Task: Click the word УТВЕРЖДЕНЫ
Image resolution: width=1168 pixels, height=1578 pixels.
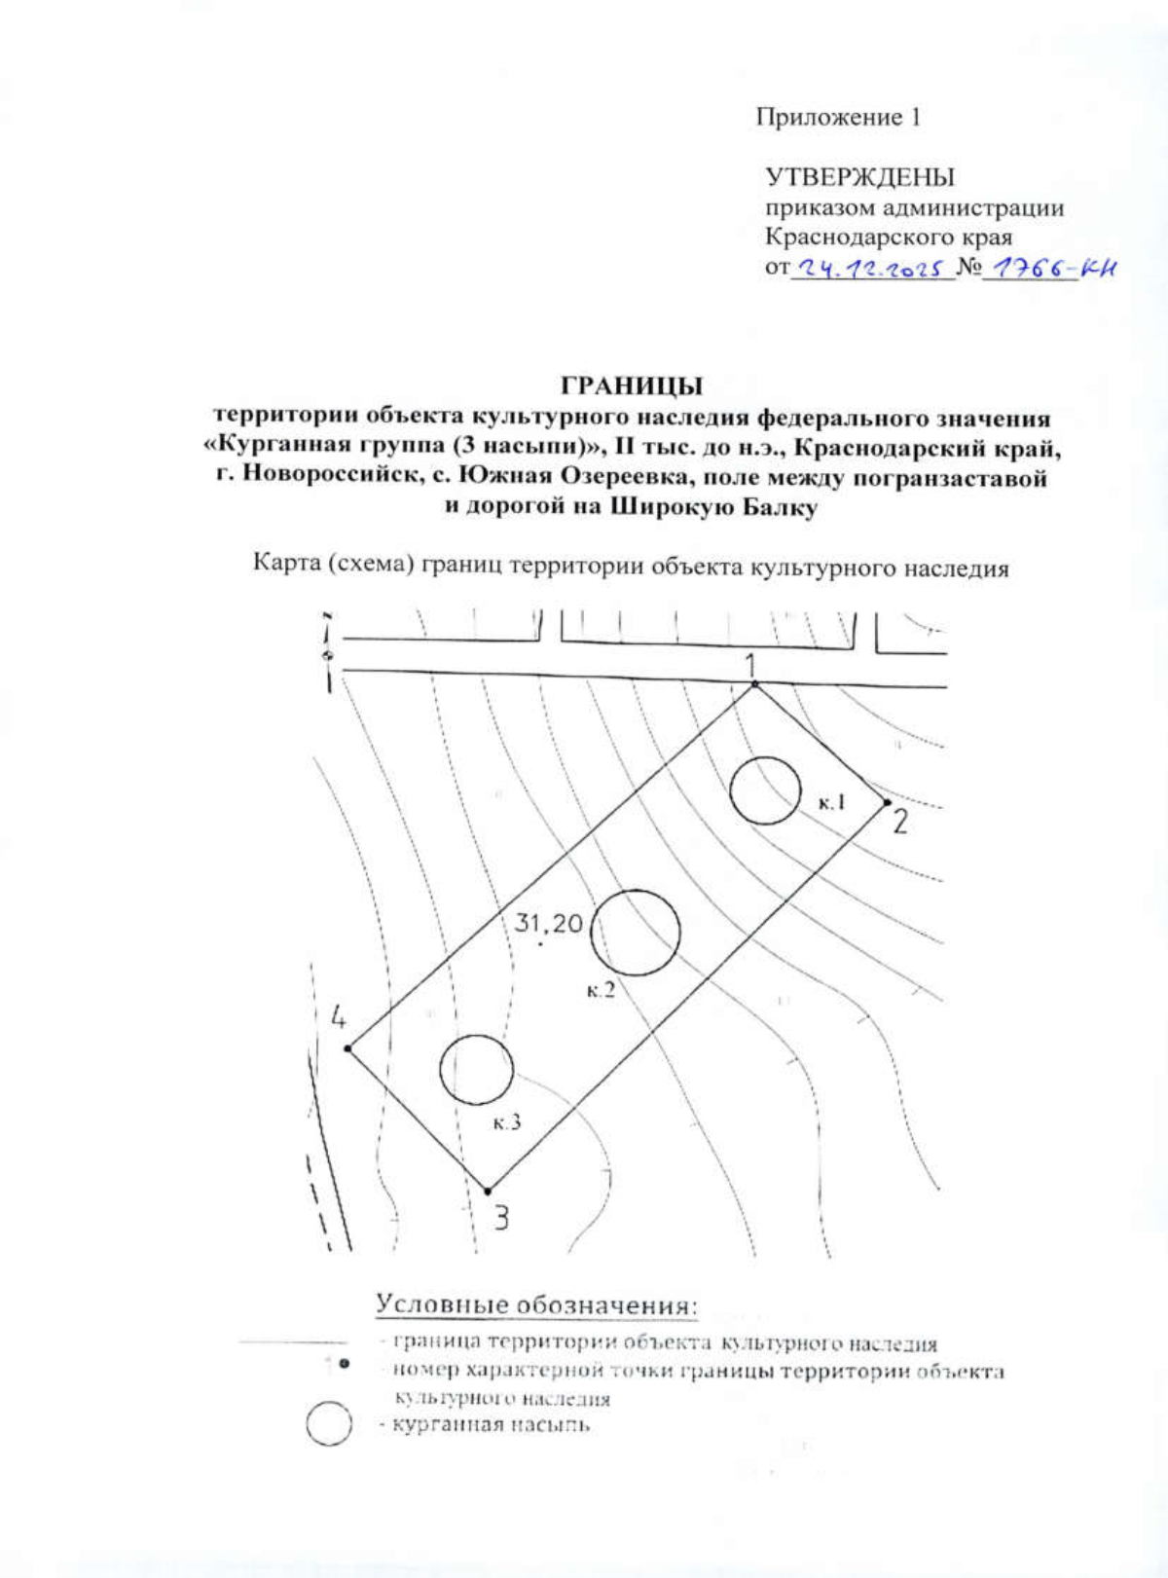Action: (859, 177)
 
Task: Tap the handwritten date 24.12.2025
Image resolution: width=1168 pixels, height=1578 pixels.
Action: (871, 268)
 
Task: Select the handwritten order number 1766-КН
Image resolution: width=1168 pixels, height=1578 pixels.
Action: (1049, 267)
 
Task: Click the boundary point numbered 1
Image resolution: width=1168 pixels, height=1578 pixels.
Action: (754, 686)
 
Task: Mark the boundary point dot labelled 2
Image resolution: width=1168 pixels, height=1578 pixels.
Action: (887, 803)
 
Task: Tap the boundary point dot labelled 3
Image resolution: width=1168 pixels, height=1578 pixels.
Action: (488, 1190)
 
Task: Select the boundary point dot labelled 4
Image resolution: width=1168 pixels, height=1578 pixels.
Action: (347, 1048)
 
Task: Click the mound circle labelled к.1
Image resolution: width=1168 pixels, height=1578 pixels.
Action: (765, 790)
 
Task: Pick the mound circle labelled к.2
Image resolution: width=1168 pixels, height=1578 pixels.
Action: (636, 933)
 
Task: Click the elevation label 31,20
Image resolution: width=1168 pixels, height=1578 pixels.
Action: (547, 922)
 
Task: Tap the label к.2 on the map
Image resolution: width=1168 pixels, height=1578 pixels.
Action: (601, 991)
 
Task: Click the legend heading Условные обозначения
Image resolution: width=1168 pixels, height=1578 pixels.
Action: (537, 1304)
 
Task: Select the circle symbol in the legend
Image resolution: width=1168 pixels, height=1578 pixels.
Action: (329, 1423)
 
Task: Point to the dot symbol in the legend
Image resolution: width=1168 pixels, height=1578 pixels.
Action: (345, 1368)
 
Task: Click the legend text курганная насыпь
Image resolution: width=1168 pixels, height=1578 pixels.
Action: (492, 1426)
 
